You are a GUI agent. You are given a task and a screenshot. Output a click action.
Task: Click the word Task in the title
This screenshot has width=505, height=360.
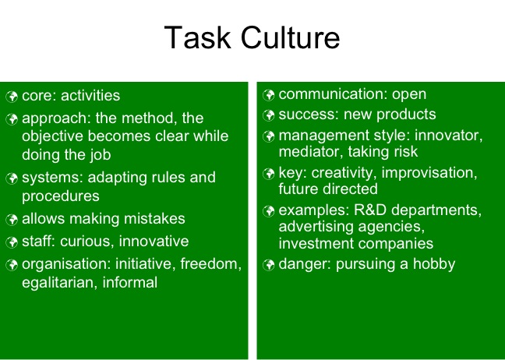[x=198, y=37]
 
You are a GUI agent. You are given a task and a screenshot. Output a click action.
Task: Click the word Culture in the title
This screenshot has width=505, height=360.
[x=290, y=37]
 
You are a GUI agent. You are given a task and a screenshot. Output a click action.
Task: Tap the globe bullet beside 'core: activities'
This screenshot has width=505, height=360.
[x=12, y=97]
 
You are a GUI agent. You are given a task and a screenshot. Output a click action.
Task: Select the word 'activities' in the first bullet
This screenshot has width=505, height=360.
[x=90, y=96]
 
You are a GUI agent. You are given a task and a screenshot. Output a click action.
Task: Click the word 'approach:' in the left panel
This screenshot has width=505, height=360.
[x=57, y=118]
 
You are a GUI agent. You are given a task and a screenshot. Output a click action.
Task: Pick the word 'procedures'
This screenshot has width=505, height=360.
[x=61, y=196]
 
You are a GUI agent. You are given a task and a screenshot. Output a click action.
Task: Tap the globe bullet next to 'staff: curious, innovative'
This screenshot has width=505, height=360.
[x=12, y=242]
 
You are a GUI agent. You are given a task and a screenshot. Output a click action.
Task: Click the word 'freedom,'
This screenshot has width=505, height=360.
[x=211, y=264]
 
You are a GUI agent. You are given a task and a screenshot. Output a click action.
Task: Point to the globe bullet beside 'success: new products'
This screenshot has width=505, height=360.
[x=268, y=115]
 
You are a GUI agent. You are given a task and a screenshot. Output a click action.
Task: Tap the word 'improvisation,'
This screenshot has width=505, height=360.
[x=429, y=173]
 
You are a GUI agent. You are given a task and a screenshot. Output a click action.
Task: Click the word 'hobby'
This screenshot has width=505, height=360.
[x=434, y=265]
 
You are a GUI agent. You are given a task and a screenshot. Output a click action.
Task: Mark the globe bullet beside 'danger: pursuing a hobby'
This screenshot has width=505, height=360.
[x=268, y=265]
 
